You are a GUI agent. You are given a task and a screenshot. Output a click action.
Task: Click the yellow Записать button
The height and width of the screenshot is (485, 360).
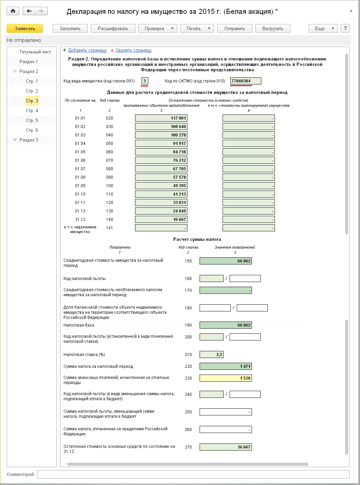click(25, 28)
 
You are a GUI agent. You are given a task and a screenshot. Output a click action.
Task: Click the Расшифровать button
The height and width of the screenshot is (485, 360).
click(113, 28)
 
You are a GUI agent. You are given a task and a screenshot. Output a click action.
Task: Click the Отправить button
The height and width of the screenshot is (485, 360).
click(234, 28)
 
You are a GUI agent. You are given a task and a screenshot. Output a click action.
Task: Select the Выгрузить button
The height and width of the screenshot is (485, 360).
click(273, 28)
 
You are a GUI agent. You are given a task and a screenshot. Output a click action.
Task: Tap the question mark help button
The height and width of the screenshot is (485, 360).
click(345, 28)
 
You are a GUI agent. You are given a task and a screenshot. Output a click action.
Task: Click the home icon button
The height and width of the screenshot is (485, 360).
click(13, 11)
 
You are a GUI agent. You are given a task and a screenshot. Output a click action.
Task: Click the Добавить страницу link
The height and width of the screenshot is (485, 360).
click(87, 50)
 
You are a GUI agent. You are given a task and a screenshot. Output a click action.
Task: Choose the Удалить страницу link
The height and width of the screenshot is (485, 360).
click(133, 50)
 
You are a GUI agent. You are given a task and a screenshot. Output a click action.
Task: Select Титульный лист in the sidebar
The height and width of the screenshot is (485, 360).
click(35, 52)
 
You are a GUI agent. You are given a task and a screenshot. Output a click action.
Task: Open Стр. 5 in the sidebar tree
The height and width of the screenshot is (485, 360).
click(32, 121)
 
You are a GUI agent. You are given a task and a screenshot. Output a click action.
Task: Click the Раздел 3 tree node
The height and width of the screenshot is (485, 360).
click(29, 140)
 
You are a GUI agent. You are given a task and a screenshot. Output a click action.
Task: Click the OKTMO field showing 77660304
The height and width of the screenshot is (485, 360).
click(246, 81)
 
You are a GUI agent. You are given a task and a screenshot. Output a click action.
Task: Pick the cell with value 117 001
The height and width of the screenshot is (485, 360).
click(161, 118)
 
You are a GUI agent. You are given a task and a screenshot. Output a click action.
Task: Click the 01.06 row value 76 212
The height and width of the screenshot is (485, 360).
click(161, 160)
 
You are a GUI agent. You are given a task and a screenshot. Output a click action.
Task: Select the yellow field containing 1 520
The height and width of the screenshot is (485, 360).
click(226, 378)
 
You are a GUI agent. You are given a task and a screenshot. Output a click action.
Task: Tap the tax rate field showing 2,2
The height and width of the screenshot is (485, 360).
click(211, 355)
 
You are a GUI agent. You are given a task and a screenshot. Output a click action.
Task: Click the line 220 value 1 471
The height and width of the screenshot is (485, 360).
click(226, 366)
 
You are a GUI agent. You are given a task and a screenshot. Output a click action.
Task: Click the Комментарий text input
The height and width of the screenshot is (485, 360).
click(193, 475)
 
